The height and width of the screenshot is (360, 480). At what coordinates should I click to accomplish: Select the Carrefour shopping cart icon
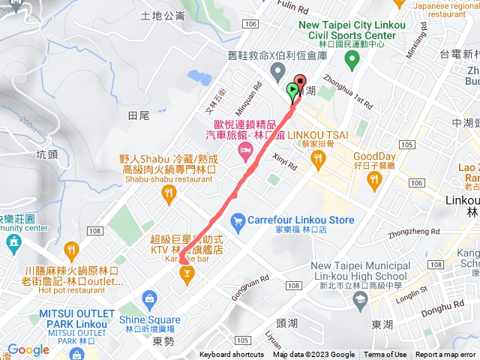[238, 220]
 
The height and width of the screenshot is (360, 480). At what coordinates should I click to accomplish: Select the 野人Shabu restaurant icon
[169, 194]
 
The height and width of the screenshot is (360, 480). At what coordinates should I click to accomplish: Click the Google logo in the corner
[28, 349]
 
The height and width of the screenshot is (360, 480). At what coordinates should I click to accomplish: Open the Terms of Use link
[385, 355]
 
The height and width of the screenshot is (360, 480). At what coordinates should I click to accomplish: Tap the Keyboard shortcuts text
[231, 355]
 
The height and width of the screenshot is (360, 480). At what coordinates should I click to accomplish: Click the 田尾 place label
[139, 115]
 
